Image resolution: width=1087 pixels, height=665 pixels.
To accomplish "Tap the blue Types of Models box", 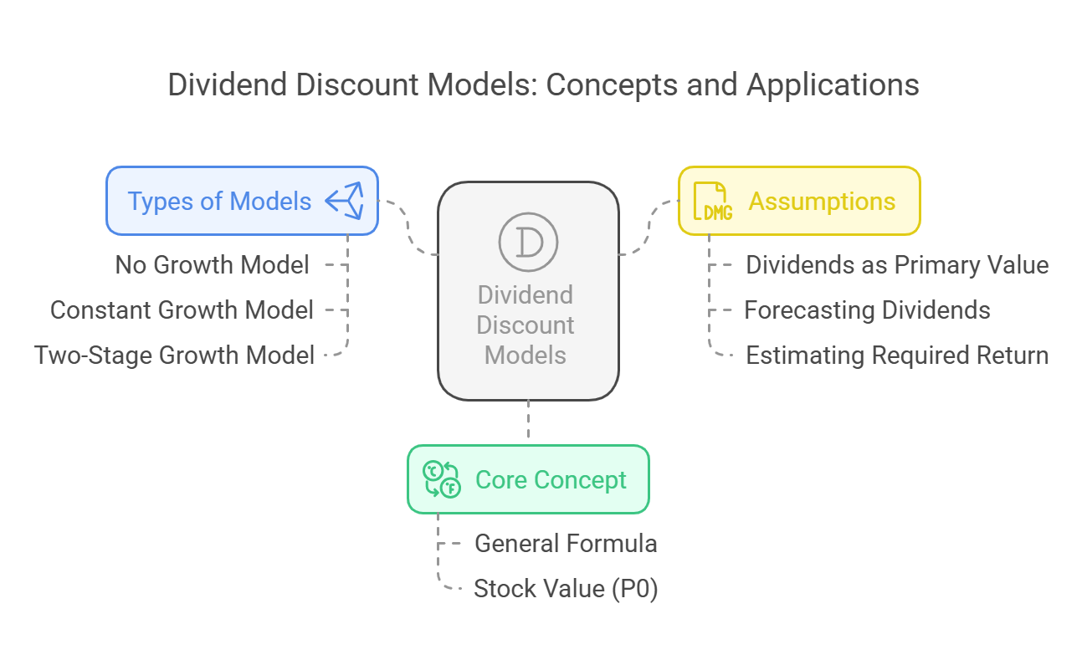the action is tap(242, 201).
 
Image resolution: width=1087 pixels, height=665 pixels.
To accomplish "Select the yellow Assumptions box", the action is tap(799, 201).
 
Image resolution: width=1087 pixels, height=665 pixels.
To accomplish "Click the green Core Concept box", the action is tap(528, 479).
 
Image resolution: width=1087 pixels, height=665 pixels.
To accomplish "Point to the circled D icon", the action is tap(528, 242).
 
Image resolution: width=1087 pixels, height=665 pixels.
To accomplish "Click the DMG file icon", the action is tap(712, 201).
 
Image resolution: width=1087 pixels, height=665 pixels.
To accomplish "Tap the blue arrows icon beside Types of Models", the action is tap(345, 201).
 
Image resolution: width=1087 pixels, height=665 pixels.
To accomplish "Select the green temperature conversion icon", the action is tap(442, 479).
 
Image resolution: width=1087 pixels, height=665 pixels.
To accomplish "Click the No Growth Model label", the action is tap(212, 265).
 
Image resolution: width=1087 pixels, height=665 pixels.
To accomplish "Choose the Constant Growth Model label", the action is tap(182, 310).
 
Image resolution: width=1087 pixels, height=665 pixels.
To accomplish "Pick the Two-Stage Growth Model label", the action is tap(174, 356).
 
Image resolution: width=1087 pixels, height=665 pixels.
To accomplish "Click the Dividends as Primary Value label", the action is tap(897, 265).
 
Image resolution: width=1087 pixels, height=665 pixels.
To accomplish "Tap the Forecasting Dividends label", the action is tap(867, 310).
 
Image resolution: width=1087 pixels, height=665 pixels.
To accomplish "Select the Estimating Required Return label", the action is tap(897, 356).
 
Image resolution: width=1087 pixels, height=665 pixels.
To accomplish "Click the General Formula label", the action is tap(566, 544).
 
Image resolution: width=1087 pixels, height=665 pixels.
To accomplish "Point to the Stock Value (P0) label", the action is tap(566, 589).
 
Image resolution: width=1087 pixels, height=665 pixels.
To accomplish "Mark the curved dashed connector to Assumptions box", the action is tap(649, 228).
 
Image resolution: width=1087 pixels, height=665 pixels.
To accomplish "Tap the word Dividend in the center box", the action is tap(526, 295).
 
